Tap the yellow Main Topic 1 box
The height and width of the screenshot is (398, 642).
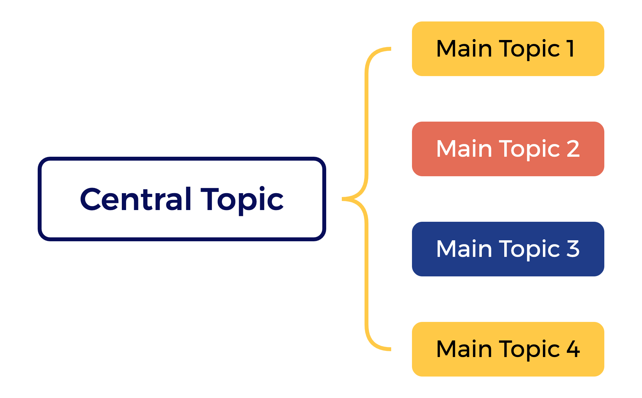click(508, 49)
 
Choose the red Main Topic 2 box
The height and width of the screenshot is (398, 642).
click(508, 149)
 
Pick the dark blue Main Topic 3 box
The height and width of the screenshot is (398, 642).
click(508, 249)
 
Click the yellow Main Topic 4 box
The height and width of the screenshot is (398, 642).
click(508, 349)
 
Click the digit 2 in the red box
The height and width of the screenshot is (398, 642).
click(573, 149)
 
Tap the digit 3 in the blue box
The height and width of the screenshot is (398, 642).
click(573, 249)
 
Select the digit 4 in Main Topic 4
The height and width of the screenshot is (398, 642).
click(573, 349)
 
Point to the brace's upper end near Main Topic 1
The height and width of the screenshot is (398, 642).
click(389, 49)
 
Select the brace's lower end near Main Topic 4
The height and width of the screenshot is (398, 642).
click(389, 349)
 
